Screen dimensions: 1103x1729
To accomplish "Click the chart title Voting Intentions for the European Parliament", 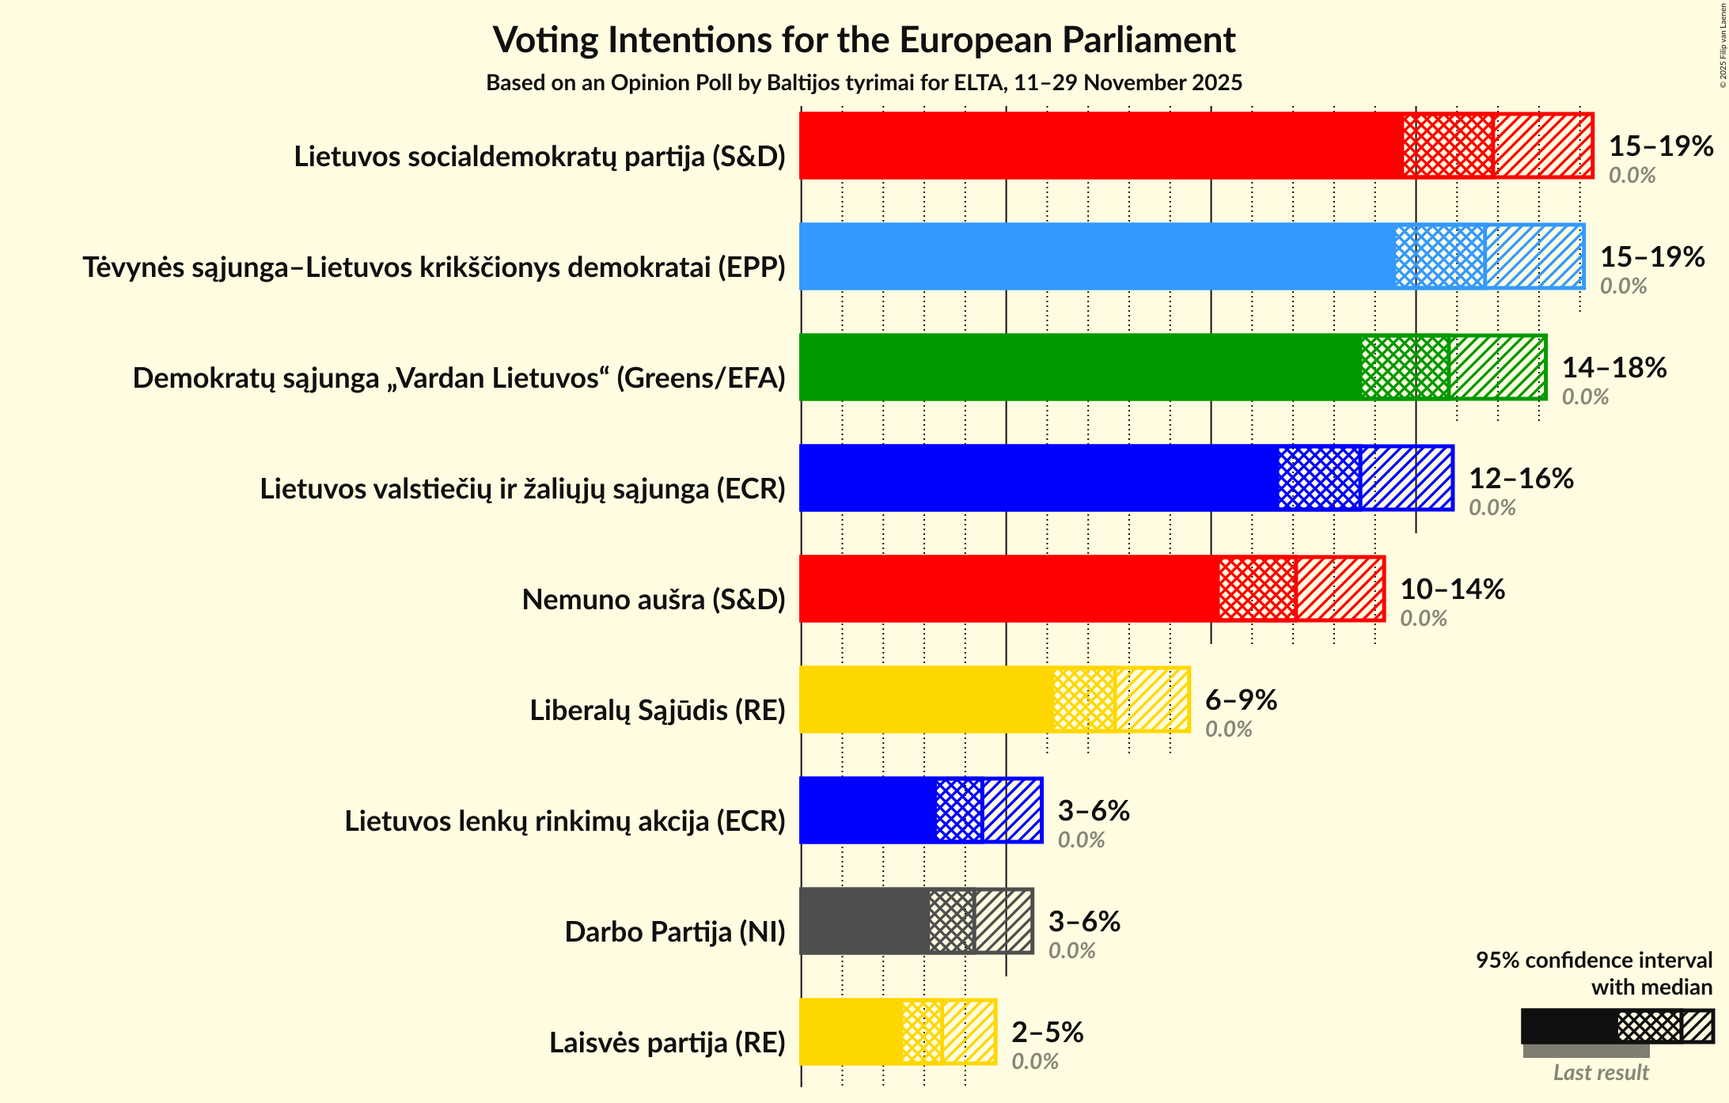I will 864,40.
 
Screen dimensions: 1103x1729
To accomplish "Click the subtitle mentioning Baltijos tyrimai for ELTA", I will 864,83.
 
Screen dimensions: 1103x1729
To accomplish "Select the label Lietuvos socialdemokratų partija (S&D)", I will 540,157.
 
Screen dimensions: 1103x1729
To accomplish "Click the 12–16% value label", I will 1521,479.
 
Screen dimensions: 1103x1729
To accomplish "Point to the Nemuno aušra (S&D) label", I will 654,600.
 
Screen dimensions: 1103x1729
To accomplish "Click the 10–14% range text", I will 1452,589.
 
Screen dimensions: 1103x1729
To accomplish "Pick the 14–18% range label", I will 1613,368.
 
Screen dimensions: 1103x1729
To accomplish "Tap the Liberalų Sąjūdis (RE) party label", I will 658,711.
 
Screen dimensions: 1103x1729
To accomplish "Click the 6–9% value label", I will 1241,700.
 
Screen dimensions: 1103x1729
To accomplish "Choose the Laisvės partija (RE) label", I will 667,1043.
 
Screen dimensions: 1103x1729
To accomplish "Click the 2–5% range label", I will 1047,1033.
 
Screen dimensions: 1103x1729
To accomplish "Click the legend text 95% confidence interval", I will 1594,961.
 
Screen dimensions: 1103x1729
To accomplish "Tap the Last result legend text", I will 1601,1073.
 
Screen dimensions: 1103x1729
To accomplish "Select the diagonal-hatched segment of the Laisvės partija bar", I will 969,1032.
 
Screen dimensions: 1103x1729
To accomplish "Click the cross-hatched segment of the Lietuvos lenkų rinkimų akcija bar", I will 959,810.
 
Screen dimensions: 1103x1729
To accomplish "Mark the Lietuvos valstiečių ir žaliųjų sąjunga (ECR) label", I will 522,489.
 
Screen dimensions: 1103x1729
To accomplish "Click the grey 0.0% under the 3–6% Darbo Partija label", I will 1071,951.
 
